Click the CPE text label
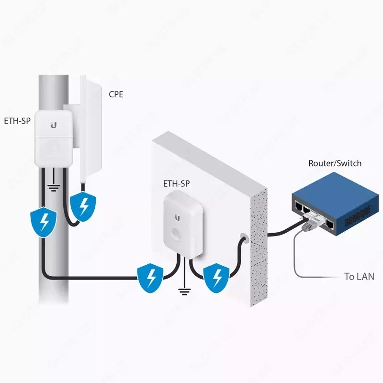coord(116,94)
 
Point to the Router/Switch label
coord(335,163)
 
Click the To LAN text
coord(359,276)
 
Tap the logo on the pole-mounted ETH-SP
coord(53,125)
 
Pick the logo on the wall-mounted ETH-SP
coord(178,218)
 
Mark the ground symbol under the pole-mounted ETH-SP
coord(54,187)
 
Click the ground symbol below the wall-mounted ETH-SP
coord(182,290)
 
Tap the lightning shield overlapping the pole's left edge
coord(44,222)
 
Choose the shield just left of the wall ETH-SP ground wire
coord(152,277)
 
